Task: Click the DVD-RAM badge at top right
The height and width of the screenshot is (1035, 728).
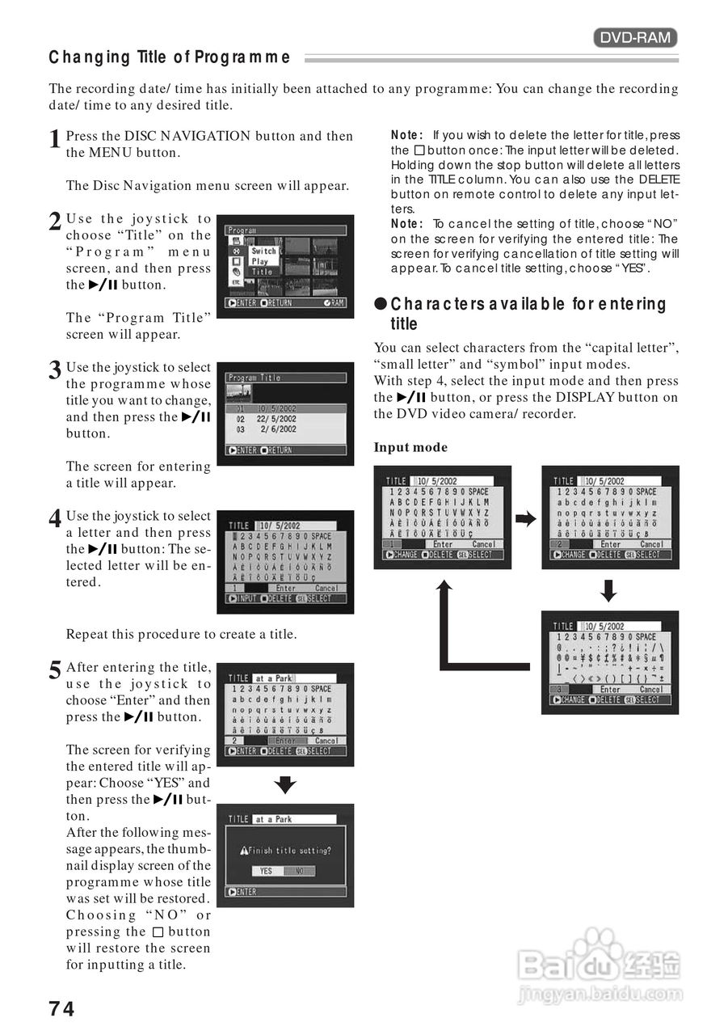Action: [x=635, y=37]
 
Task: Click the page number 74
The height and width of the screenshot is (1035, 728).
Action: [x=61, y=1008]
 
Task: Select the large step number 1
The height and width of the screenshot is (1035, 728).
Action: [x=55, y=139]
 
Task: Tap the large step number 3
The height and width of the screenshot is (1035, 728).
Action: [x=55, y=370]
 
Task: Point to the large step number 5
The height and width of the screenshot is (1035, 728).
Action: [x=55, y=670]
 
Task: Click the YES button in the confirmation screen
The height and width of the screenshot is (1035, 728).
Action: [x=267, y=871]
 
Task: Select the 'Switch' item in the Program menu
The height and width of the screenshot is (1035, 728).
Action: [x=263, y=251]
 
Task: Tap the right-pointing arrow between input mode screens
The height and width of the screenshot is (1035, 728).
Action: [x=526, y=519]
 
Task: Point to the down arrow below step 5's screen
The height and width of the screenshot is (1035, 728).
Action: [x=285, y=784]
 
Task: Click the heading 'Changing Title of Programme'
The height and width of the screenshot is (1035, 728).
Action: [x=170, y=57]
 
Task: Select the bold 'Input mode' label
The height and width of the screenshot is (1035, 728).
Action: [x=410, y=447]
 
